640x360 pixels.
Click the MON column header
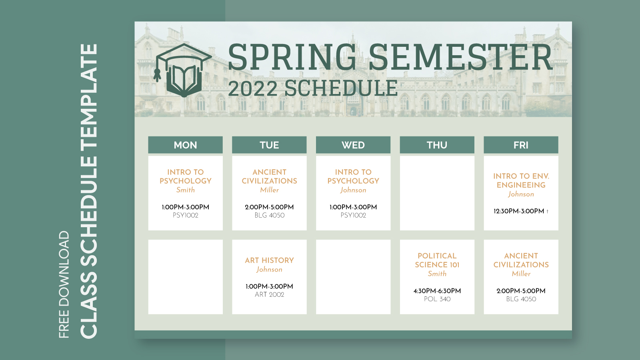point(185,145)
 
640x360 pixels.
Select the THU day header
point(437,145)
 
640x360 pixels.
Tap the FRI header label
point(521,145)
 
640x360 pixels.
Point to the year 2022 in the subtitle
point(253,88)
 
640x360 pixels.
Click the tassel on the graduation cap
point(157,74)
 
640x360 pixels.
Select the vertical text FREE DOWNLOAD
point(64,284)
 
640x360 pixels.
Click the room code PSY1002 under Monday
point(185,215)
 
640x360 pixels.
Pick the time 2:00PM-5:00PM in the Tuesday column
point(269,207)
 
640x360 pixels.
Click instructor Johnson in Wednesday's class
point(353,190)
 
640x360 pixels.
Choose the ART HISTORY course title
point(269,260)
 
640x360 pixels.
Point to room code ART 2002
point(269,294)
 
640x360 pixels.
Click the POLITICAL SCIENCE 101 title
point(437,260)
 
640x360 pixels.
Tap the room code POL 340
point(437,299)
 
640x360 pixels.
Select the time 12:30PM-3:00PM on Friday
point(519,211)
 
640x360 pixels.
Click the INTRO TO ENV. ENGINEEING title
point(521,180)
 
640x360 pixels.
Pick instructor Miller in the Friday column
point(521,274)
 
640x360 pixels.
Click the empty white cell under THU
point(437,193)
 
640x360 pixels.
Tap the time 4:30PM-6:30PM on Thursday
point(437,291)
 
